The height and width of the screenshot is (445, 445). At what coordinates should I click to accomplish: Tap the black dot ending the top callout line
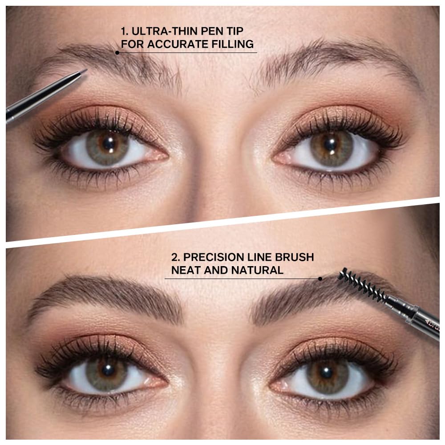click(117, 53)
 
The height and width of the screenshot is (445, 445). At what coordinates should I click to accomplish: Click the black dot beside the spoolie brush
click(320, 279)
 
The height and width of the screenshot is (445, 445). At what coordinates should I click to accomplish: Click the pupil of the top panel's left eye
click(107, 144)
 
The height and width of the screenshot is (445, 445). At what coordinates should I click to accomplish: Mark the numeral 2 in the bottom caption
click(174, 257)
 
